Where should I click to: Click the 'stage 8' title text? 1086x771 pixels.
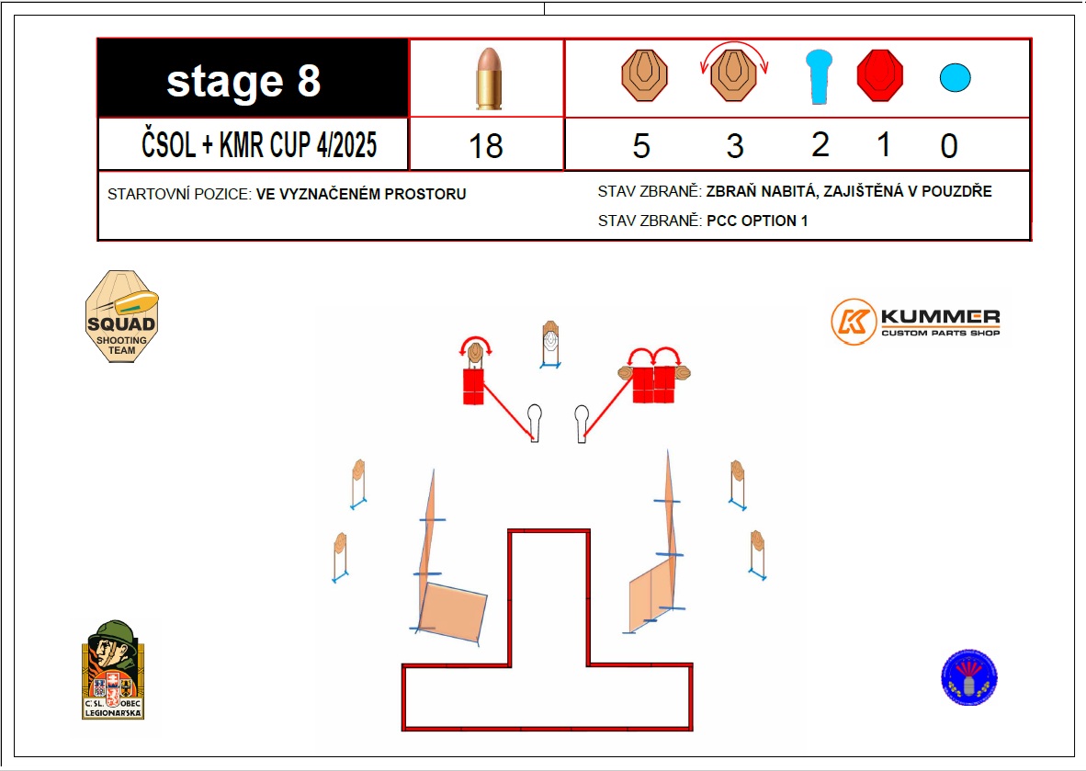[x=243, y=82]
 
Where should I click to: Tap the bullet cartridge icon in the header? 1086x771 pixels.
[x=486, y=79]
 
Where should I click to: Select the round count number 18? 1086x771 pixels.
[x=486, y=146]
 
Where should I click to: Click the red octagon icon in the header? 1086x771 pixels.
[x=880, y=75]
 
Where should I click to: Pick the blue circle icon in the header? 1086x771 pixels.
[x=956, y=76]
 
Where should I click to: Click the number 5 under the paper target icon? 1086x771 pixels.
[x=641, y=145]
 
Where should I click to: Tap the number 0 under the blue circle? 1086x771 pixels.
[x=949, y=146]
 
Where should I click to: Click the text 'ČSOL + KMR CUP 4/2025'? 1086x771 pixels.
[x=259, y=145]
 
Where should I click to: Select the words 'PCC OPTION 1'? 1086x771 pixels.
[x=757, y=221]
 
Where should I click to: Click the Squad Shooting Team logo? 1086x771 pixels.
[x=121, y=316]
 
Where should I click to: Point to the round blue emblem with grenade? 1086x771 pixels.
[x=969, y=677]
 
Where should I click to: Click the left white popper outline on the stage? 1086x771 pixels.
[x=535, y=422]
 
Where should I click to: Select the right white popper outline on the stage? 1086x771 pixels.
[x=582, y=422]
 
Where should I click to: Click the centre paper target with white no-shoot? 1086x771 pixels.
[x=550, y=342]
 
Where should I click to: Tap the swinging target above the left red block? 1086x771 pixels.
[x=475, y=352]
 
